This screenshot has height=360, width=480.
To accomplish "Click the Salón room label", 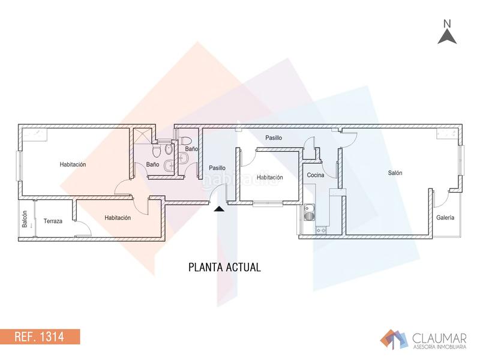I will pos(395,173).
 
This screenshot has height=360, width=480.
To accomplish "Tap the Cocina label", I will pos(316,175).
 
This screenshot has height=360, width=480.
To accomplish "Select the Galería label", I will pos(445,218).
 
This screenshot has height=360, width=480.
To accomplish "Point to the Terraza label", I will pos(53,221).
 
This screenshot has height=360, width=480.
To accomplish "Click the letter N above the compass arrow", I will pos(447,23).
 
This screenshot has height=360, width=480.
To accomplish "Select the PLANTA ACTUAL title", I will pos(224,268).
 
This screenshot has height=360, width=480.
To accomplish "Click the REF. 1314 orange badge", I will pos(40,336).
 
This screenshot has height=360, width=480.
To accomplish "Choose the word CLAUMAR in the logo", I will pos(433,337).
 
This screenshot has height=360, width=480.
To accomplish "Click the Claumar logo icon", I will pos(394,338).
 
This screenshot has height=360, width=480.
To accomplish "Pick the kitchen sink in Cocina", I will pos(310,211).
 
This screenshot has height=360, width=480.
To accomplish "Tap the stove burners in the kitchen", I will pos(321,229).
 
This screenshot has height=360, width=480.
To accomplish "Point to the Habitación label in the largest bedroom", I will pos(73,164).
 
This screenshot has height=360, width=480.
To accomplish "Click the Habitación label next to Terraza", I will pos(118,218).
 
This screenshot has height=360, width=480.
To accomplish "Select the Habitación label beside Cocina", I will pos(270,178).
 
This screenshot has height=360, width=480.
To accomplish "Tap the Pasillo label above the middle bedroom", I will pos(274,138).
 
